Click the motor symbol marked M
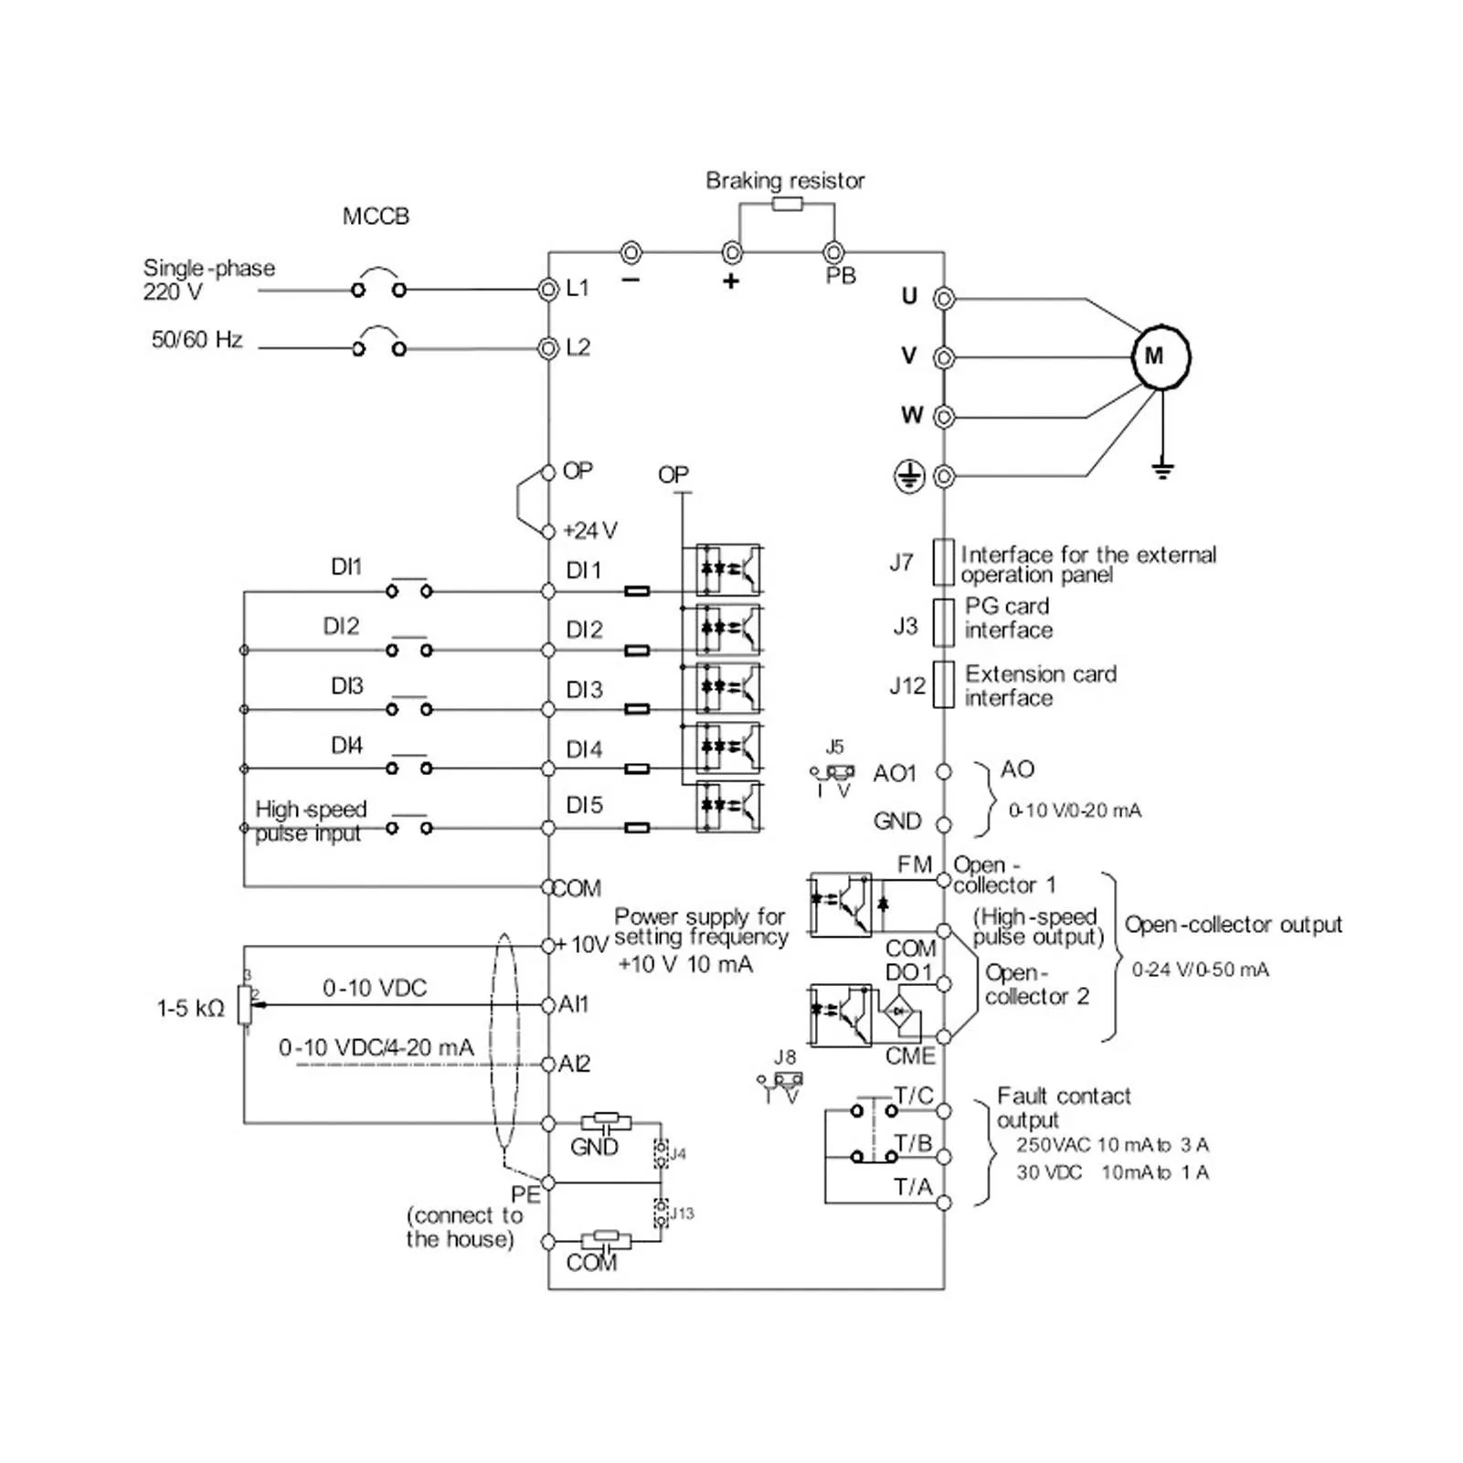(x=1161, y=356)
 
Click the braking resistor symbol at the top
(x=787, y=204)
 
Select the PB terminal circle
(x=832, y=251)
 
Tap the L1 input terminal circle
(x=548, y=290)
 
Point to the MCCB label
(x=376, y=217)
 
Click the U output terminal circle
(x=944, y=298)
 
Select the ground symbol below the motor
(x=1161, y=470)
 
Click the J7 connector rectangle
(x=943, y=561)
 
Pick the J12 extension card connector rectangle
(x=943, y=684)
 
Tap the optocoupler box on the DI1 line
(x=728, y=569)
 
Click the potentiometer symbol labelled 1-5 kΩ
(x=244, y=1004)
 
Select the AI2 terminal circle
(x=548, y=1064)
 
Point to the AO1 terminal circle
(x=944, y=772)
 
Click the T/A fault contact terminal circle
(x=944, y=1203)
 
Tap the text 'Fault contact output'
(x=1063, y=1108)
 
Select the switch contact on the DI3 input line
(x=408, y=708)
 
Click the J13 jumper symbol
(x=661, y=1213)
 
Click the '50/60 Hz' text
(x=196, y=340)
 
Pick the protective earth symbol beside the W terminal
(x=908, y=475)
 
